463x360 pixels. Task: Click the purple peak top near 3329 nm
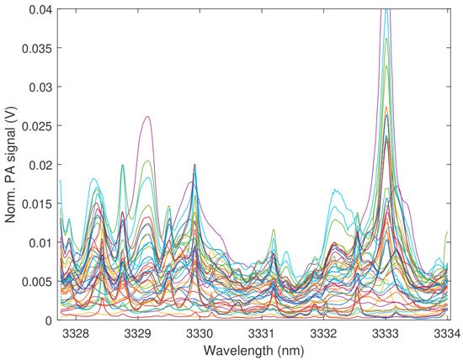tap(148, 117)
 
